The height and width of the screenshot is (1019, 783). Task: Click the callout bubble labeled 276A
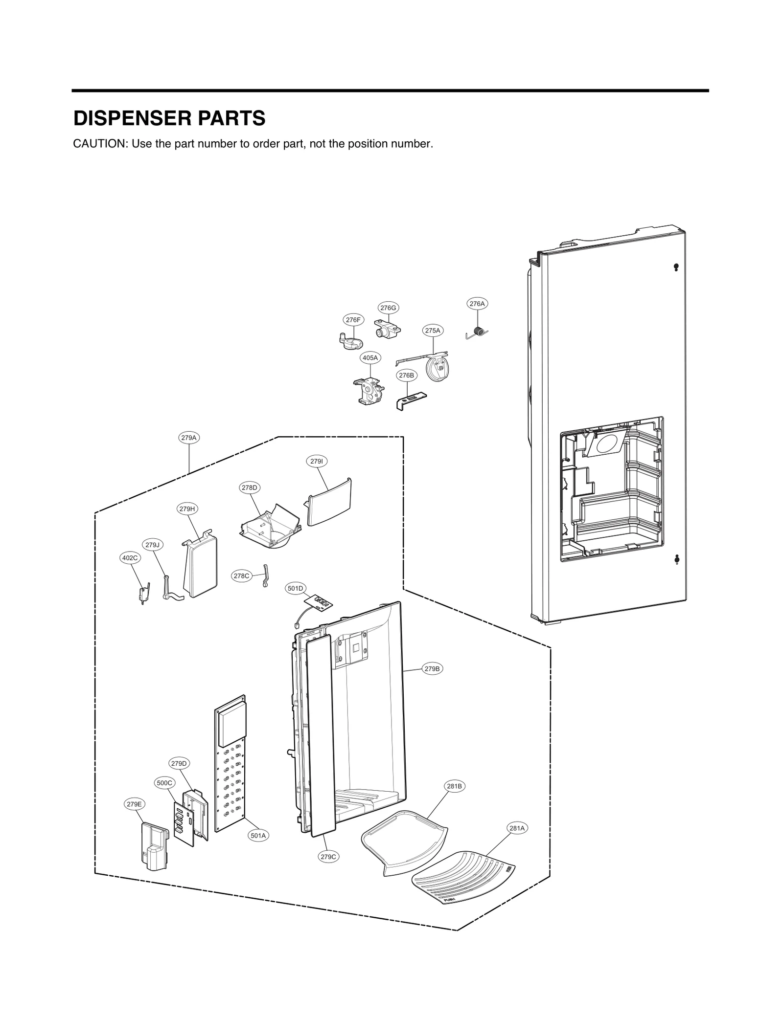point(477,304)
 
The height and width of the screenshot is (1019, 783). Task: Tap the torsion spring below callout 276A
point(479,333)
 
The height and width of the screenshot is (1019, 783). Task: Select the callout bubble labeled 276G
point(388,308)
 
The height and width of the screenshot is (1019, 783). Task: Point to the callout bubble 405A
point(370,358)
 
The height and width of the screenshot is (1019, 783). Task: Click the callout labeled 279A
point(189,438)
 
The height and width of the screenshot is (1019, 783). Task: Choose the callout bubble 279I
point(317,461)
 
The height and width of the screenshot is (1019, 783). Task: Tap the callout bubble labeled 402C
point(130,558)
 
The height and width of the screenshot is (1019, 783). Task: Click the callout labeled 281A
point(517,828)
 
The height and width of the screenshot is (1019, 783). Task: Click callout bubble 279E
point(134,804)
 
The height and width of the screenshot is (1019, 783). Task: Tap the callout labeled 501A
point(258,836)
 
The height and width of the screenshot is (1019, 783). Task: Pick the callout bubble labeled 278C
point(241,576)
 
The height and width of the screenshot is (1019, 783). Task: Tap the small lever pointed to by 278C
point(266,576)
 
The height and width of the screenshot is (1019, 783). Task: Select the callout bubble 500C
point(164,783)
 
